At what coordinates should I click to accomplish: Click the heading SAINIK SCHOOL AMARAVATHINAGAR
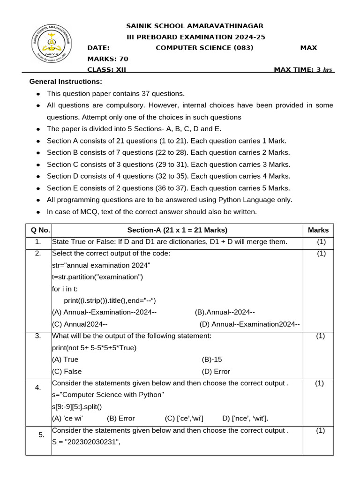tap(195, 26)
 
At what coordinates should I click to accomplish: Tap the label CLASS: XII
tap(107, 70)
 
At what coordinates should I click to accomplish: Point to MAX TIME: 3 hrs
tap(303, 70)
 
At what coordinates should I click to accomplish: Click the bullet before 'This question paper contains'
tap(38, 94)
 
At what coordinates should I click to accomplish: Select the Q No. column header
tap(38, 230)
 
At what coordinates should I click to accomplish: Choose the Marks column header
tap(318, 230)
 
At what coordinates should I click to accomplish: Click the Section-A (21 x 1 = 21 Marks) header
tap(177, 230)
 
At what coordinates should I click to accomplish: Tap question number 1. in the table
tap(38, 242)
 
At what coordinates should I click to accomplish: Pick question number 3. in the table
tap(38, 336)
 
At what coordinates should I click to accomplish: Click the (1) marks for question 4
tap(319, 383)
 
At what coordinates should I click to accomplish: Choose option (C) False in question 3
tap(67, 371)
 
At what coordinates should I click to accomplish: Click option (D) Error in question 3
tap(216, 371)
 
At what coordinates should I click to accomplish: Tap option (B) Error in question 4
tap(121, 418)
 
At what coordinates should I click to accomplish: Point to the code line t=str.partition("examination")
tap(97, 277)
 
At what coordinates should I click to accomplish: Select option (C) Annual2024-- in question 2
tap(80, 324)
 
